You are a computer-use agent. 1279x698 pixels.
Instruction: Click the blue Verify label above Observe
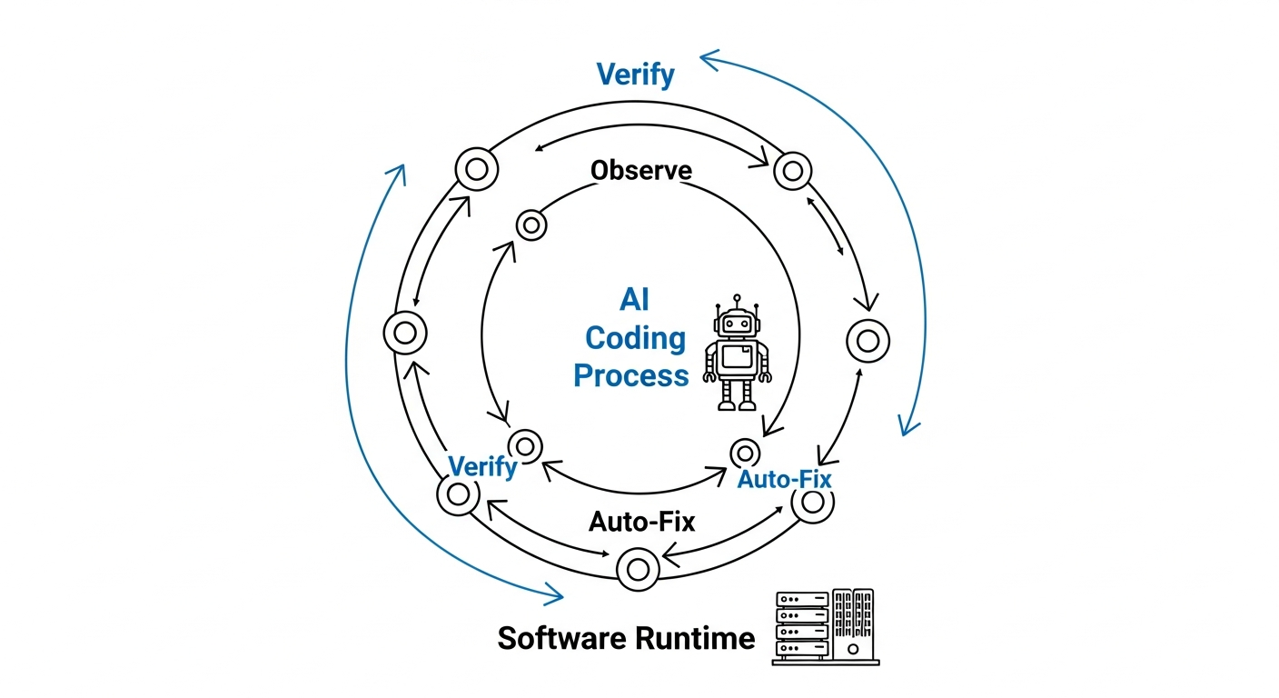click(635, 74)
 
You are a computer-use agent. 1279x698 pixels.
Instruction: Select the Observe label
click(640, 170)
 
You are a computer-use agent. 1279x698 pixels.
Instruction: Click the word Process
click(630, 374)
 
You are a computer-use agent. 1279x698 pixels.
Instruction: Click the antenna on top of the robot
click(737, 299)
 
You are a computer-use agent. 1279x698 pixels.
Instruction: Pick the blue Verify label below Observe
click(482, 467)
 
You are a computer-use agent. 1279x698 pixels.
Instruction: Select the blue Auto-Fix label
click(784, 478)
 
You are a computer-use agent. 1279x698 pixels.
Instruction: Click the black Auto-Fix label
click(641, 522)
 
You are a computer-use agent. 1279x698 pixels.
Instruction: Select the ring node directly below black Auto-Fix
click(638, 569)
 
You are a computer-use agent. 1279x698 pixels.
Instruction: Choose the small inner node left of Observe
click(530, 224)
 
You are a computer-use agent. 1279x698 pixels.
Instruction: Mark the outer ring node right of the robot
click(868, 341)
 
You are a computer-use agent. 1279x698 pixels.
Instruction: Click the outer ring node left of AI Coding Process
click(405, 333)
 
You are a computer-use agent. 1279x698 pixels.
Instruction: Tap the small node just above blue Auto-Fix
click(745, 452)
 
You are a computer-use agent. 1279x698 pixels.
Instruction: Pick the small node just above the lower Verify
click(524, 445)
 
